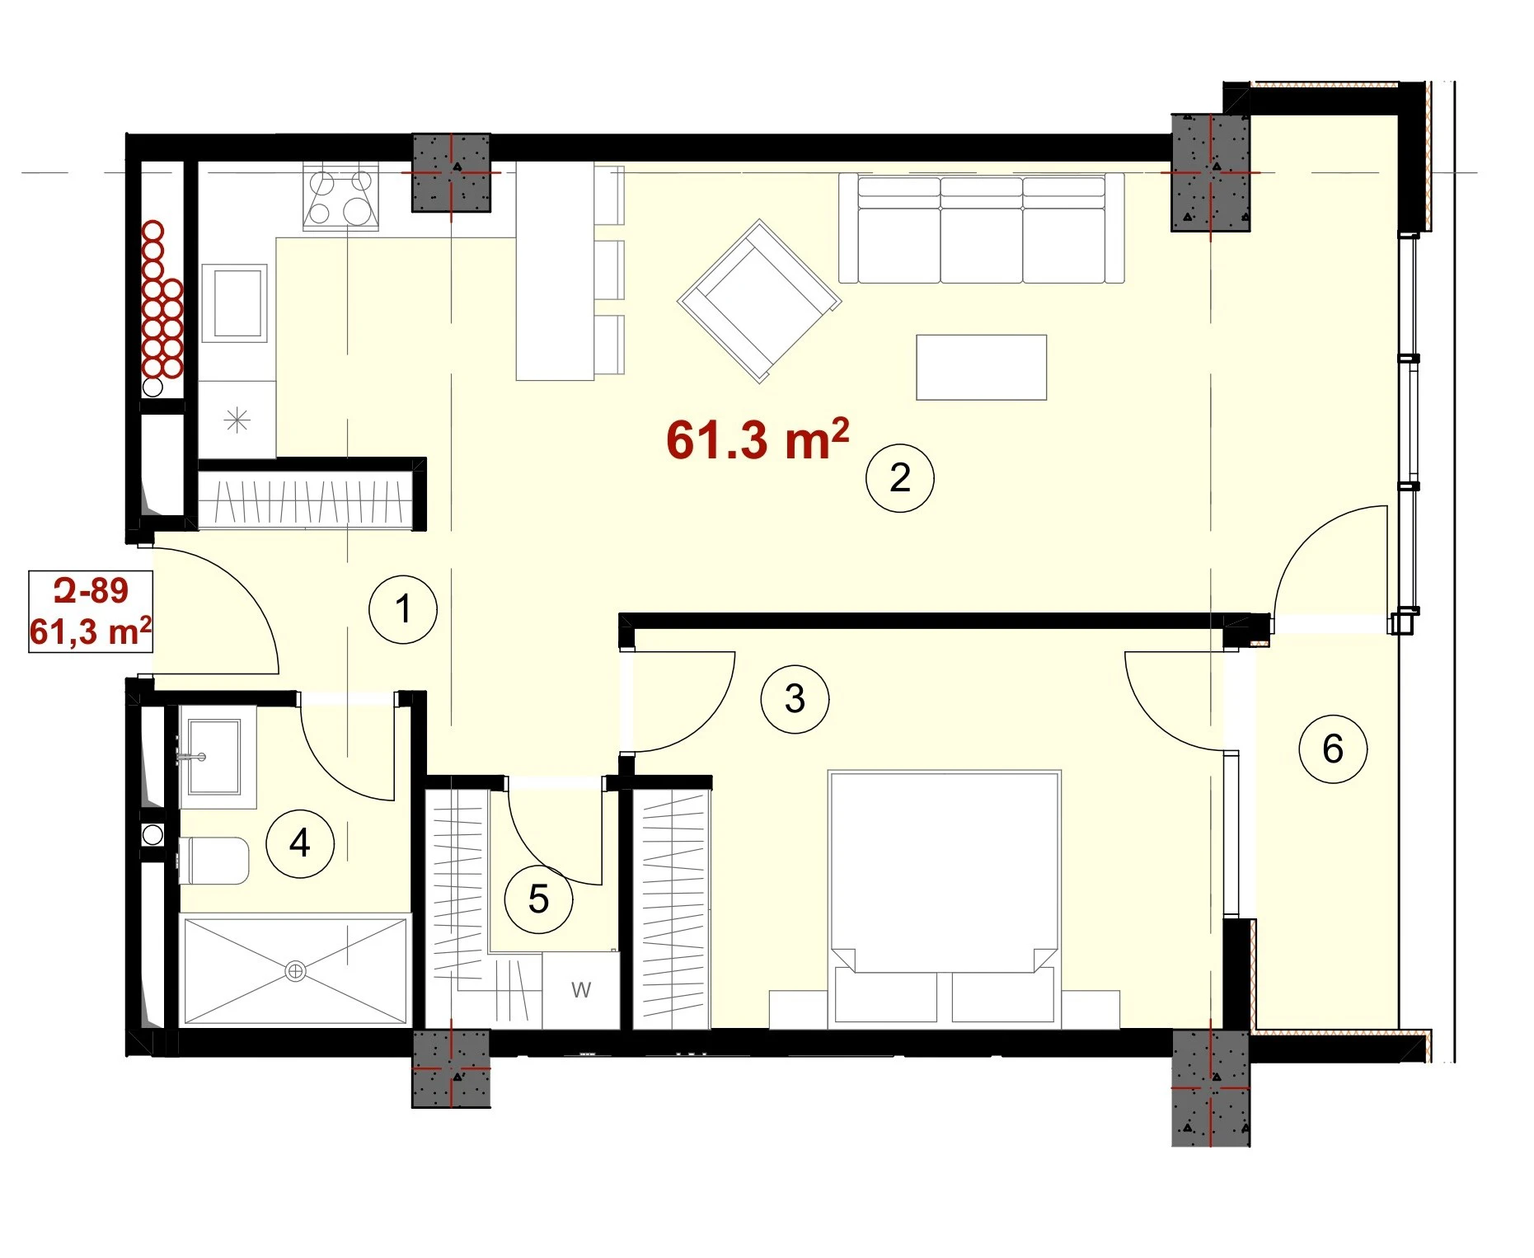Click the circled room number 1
(x=402, y=609)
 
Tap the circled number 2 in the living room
(x=899, y=477)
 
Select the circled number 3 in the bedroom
(x=795, y=698)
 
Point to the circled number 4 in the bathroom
(x=300, y=843)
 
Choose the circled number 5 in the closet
(x=538, y=899)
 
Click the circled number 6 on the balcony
(x=1333, y=749)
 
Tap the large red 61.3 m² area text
(x=758, y=439)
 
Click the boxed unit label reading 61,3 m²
(x=91, y=632)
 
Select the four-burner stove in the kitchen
(x=340, y=195)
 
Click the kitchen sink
(x=235, y=303)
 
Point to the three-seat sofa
(x=981, y=228)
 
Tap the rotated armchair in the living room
(x=759, y=300)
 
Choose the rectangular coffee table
(x=981, y=367)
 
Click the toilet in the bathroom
(x=213, y=861)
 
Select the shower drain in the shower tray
(x=295, y=971)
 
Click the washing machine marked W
(x=580, y=990)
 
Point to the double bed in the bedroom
(x=945, y=899)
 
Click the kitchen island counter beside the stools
(x=555, y=271)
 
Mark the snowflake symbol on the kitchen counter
(x=237, y=420)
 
